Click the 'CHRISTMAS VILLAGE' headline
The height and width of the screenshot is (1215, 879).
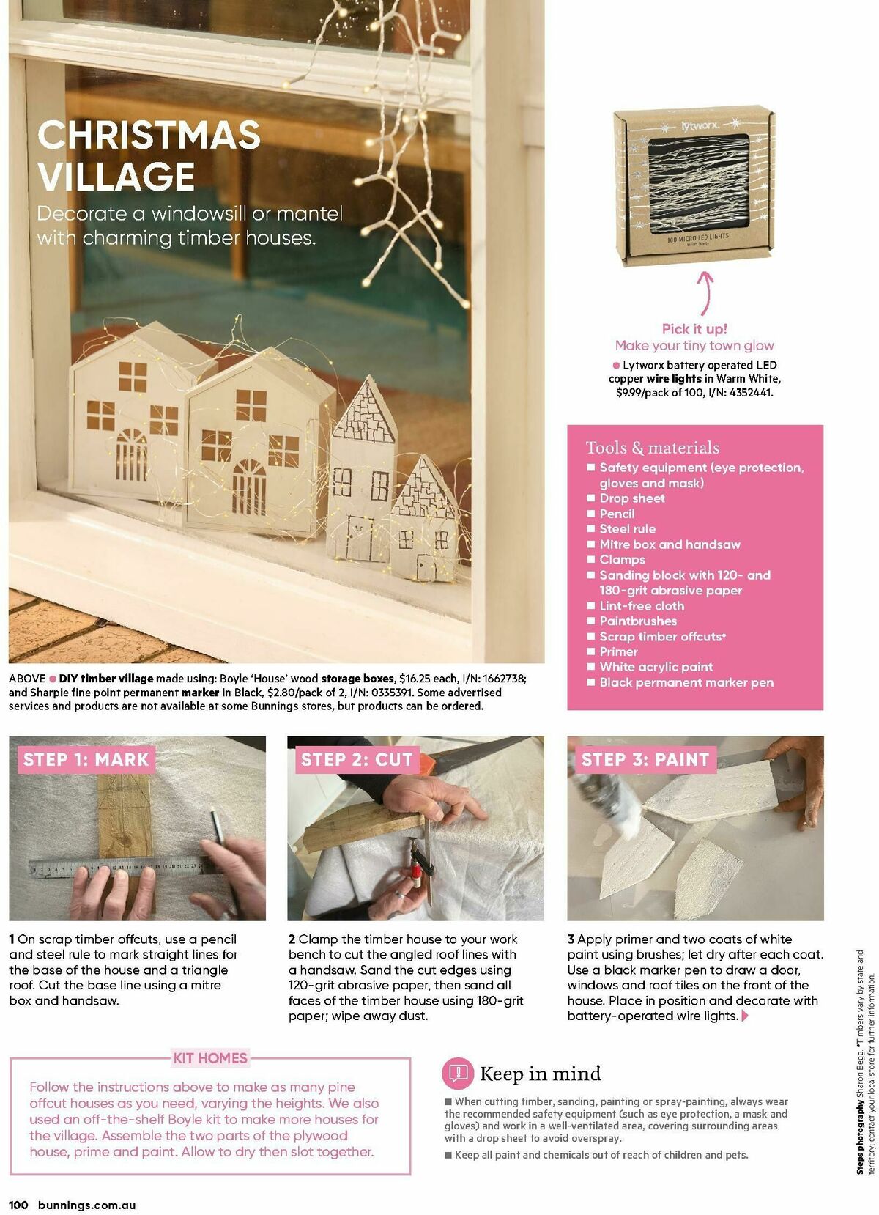point(149,155)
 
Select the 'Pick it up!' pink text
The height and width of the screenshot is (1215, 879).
point(694,329)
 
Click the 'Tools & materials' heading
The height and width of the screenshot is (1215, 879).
point(652,448)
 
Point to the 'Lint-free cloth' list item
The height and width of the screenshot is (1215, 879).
point(642,606)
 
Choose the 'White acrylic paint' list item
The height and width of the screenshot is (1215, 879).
point(656,667)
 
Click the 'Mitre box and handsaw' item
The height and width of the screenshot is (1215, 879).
point(670,544)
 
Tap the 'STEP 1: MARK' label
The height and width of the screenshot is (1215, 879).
point(86,760)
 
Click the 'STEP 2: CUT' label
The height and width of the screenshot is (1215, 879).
point(357,760)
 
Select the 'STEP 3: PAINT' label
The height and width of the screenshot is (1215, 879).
point(645,760)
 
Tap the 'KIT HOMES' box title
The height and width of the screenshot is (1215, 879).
point(210,1058)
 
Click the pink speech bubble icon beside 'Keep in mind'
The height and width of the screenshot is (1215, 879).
point(458,1074)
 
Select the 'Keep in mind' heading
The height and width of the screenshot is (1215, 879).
point(540,1074)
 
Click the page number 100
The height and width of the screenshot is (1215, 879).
point(18,1205)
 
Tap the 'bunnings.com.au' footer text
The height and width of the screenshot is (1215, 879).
point(86,1205)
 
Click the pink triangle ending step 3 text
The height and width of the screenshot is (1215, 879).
point(746,1016)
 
